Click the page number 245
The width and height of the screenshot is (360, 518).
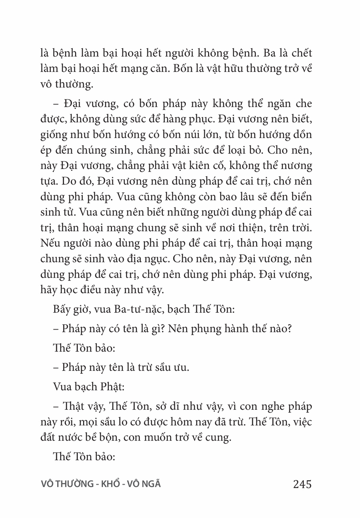pos(302,484)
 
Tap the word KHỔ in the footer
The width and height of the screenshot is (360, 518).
pos(111,484)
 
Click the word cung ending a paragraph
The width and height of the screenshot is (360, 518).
pos(219,438)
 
